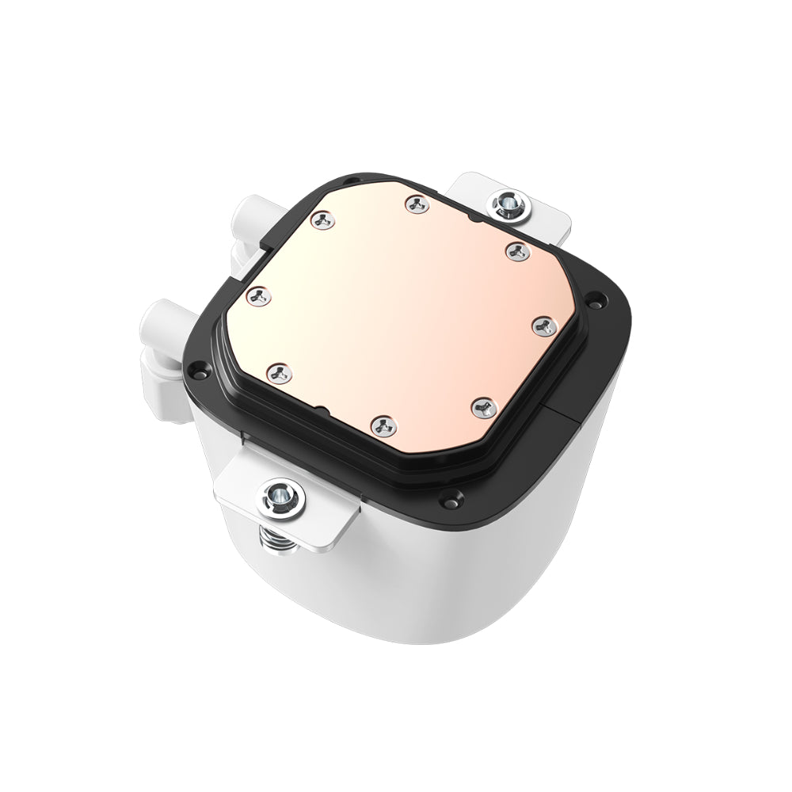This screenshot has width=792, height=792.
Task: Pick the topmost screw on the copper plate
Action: pos(417,204)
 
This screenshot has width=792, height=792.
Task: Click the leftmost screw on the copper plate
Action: pos(257,296)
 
